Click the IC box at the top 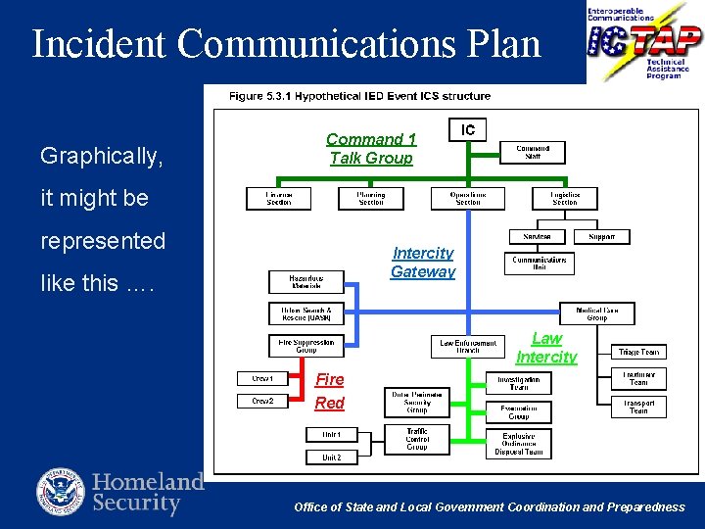[468, 130]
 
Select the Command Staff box [533, 153]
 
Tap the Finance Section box [279, 199]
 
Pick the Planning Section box [371, 199]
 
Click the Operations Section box [468, 199]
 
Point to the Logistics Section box [565, 199]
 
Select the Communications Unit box [540, 264]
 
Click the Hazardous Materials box [306, 282]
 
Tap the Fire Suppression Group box [306, 346]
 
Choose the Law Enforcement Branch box [467, 347]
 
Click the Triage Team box [638, 352]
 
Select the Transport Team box [638, 407]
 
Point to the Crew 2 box [262, 401]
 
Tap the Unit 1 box [332, 434]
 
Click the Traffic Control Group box [417, 438]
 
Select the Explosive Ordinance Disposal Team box [518, 444]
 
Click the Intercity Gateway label [423, 263]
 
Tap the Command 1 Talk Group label [371, 149]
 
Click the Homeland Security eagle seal [61, 493]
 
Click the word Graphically [102, 156]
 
